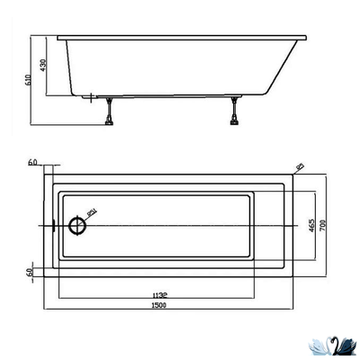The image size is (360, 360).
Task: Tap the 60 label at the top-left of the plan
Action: coord(32,162)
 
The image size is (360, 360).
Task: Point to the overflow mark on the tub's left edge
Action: coord(53,225)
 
